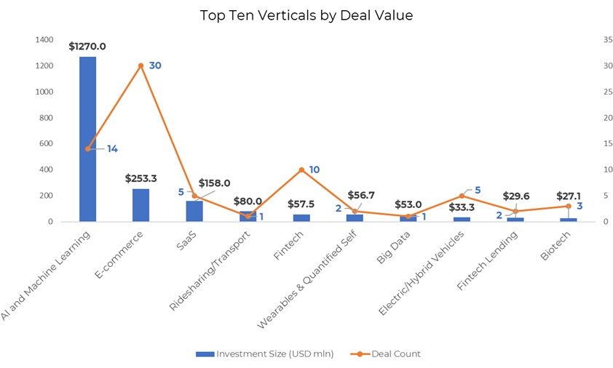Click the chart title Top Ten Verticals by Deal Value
pyautogui.click(x=306, y=15)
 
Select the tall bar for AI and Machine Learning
pyautogui.click(x=87, y=138)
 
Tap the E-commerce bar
pyautogui.click(x=141, y=205)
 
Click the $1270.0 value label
pyautogui.click(x=87, y=47)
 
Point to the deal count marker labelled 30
pyautogui.click(x=141, y=65)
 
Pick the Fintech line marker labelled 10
pyautogui.click(x=301, y=169)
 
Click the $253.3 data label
pyautogui.click(x=141, y=177)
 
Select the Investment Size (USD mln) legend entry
pyautogui.click(x=265, y=354)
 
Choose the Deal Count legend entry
pyautogui.click(x=387, y=354)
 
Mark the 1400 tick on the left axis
pyautogui.click(x=44, y=40)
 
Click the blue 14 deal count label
pyautogui.click(x=112, y=148)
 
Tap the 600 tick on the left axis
pyautogui.click(x=46, y=144)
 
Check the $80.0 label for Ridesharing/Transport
pyautogui.click(x=248, y=201)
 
